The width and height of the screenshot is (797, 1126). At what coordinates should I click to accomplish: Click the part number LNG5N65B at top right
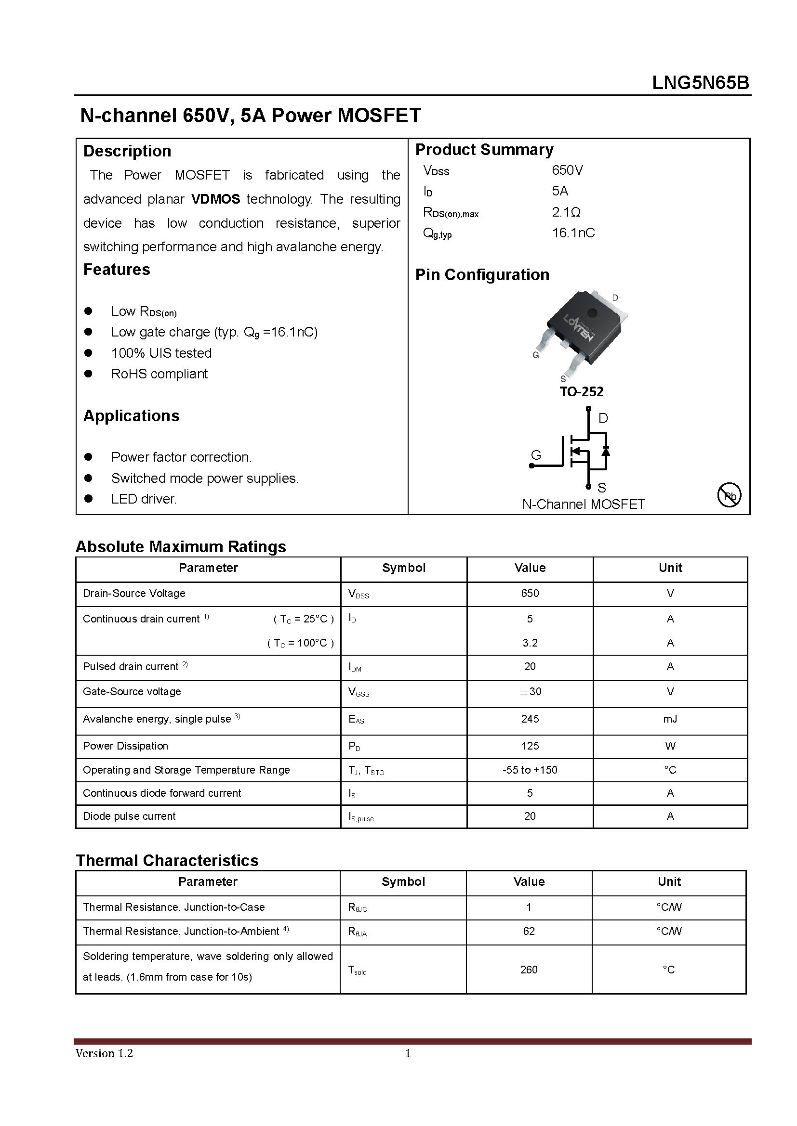(700, 83)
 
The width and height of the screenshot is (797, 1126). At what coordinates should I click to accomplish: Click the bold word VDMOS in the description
(215, 199)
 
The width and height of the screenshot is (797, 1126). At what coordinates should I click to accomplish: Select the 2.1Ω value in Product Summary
(566, 212)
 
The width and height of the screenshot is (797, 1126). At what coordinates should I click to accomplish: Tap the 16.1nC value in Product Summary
(573, 233)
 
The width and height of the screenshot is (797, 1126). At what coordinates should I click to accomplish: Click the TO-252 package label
(581, 391)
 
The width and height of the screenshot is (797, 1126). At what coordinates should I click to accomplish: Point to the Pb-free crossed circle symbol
(729, 495)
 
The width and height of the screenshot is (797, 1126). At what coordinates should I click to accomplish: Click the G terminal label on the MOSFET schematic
(536, 455)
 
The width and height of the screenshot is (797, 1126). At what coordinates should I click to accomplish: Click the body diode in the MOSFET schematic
(606, 450)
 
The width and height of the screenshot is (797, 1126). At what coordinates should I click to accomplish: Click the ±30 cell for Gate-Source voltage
(530, 691)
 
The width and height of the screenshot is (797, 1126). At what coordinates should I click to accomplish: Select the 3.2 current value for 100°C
(530, 643)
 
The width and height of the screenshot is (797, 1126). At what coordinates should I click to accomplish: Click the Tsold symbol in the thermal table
(357, 970)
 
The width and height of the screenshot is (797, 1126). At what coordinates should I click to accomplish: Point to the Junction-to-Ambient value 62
(529, 931)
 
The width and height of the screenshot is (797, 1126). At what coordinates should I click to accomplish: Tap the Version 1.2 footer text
(104, 1053)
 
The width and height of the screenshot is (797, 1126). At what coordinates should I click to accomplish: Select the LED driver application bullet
(143, 499)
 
